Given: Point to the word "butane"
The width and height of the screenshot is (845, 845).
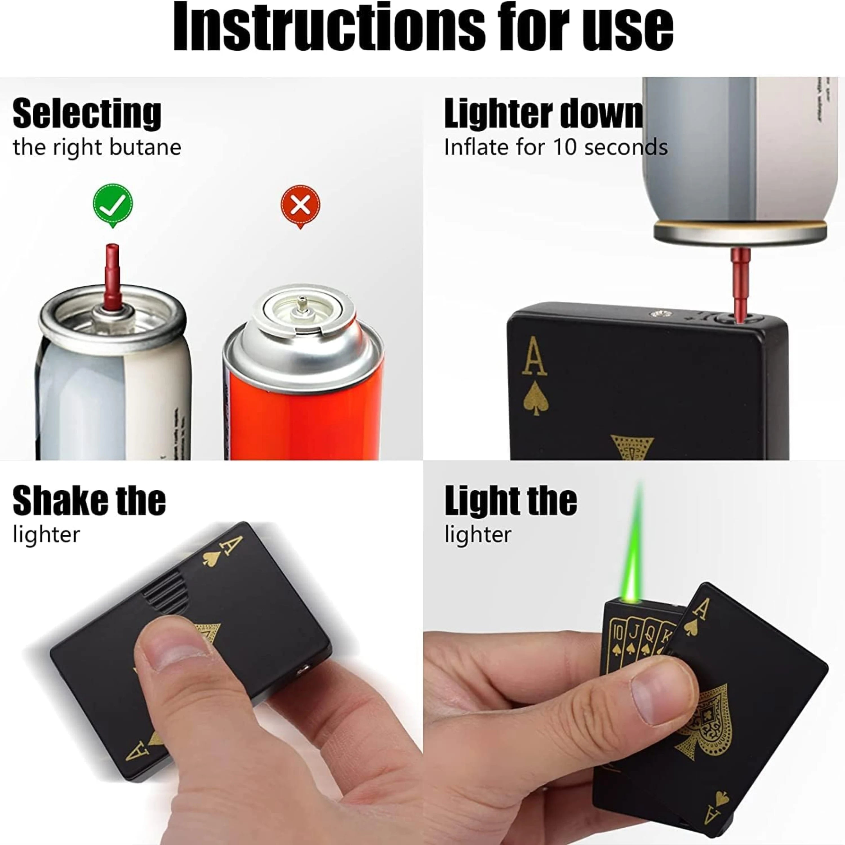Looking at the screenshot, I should click(x=145, y=147).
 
